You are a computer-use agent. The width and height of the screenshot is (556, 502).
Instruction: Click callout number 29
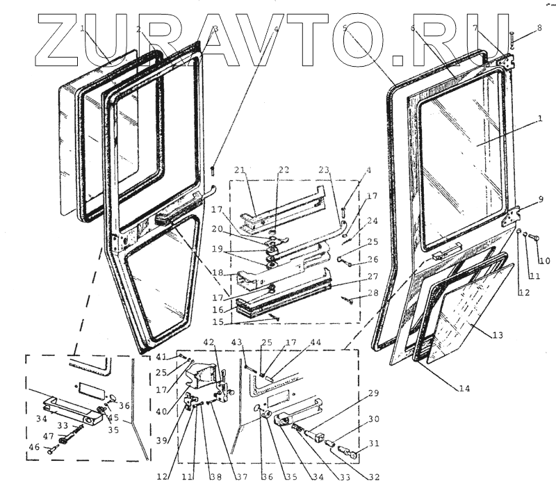point(373,394)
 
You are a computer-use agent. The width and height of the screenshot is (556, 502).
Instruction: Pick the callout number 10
point(544,261)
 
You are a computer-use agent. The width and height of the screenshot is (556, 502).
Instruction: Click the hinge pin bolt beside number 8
point(511,39)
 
